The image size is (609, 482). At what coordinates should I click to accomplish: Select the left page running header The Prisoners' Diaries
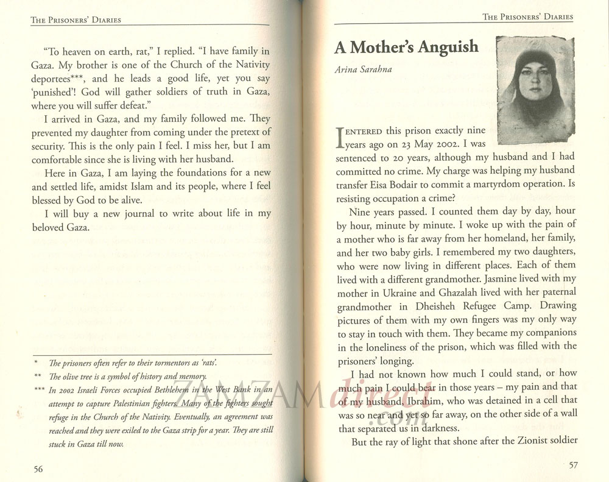76,20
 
